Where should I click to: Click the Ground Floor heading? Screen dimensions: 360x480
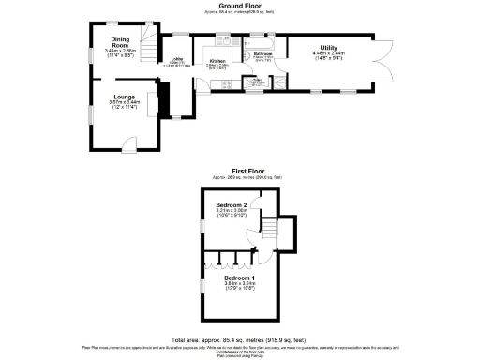(239, 5)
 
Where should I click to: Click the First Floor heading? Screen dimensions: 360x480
(239, 171)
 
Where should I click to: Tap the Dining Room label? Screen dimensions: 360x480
(119, 42)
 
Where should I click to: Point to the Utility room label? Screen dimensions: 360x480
(328, 47)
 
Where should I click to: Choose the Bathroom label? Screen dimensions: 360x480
(262, 54)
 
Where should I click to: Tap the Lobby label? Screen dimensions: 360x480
(175, 60)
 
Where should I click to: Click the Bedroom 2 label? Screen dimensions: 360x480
(231, 205)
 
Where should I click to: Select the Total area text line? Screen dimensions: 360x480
(239, 338)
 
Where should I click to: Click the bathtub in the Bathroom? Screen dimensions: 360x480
(263, 43)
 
